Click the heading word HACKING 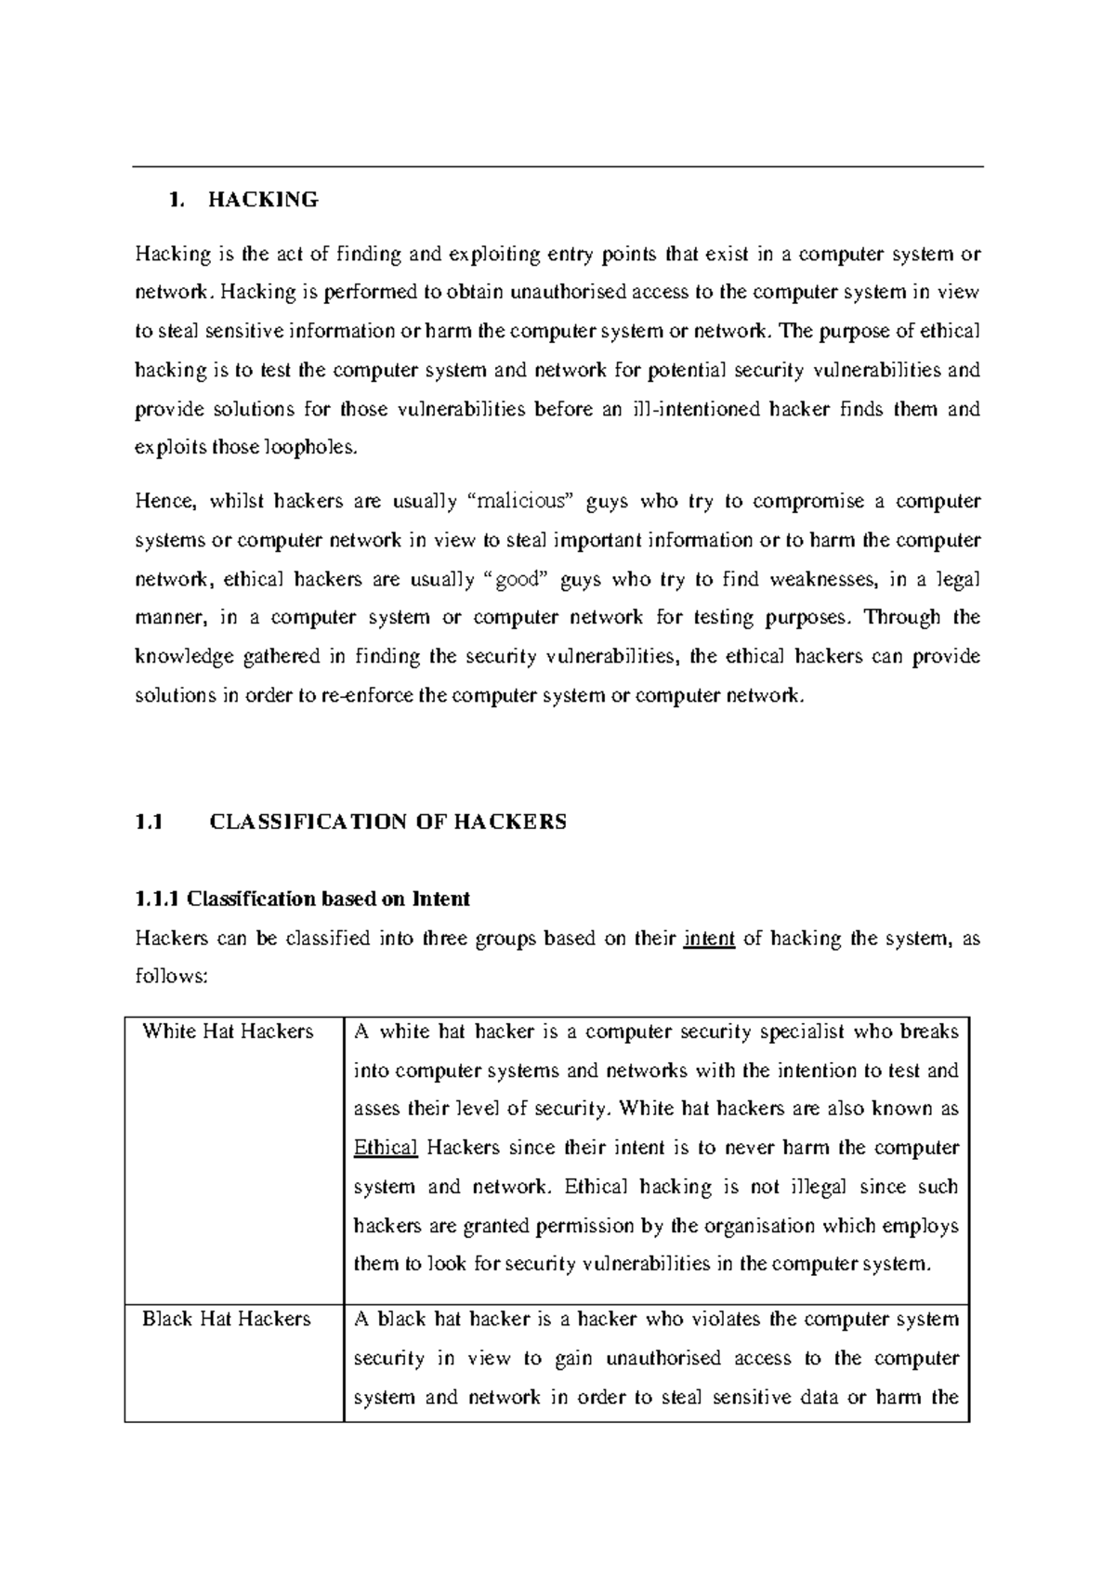tap(263, 200)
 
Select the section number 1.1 tap(149, 822)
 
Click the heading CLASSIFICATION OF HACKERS tap(387, 822)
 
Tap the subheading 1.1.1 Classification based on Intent tap(302, 899)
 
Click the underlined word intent tap(709, 939)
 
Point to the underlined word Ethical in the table tap(386, 1148)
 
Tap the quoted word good tap(517, 580)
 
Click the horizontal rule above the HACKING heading tap(557, 167)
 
